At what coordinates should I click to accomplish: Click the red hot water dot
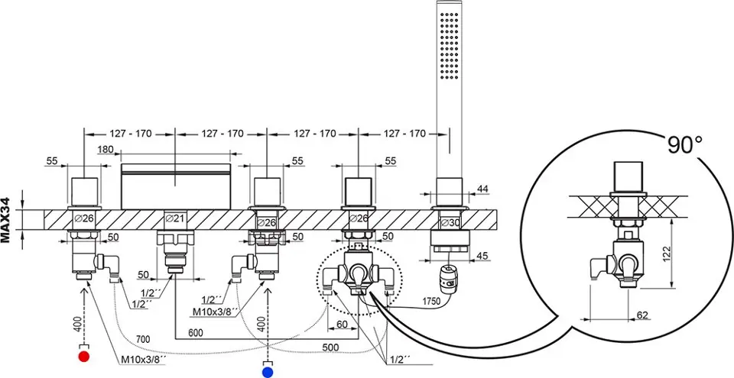[84, 356]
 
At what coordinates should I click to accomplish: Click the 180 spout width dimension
[107, 150]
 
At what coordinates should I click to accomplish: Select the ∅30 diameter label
[451, 221]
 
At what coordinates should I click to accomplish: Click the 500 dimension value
[330, 347]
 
